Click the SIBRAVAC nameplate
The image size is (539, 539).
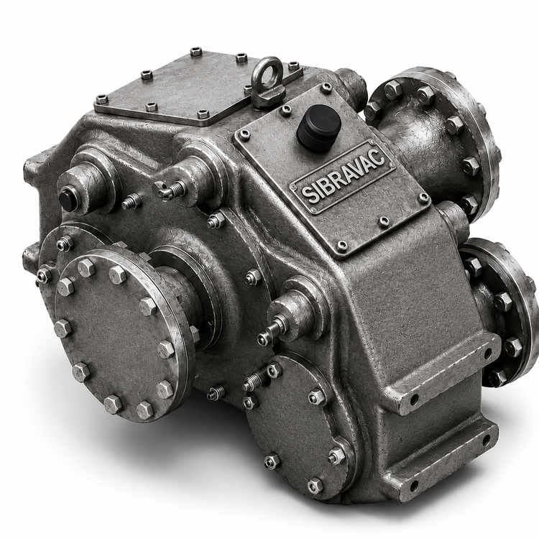coord(343,177)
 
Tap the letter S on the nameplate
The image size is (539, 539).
coord(306,195)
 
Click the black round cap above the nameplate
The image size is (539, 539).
coord(319,128)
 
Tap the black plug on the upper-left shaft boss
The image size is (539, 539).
coord(66,198)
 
